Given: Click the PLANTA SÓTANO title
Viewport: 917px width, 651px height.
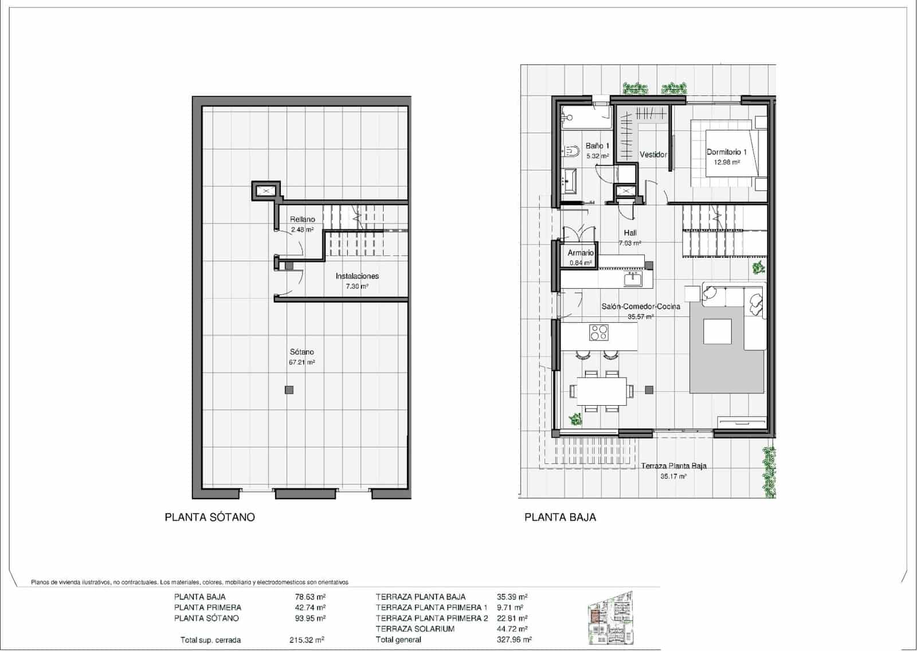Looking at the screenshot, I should [210, 517].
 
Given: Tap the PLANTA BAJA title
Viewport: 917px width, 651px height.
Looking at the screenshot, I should [560, 517].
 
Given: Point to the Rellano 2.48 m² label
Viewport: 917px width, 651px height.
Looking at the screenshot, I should [302, 224].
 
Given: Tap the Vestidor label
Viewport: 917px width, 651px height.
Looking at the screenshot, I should [653, 155].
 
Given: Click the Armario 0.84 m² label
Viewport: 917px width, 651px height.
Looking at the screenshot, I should [581, 257].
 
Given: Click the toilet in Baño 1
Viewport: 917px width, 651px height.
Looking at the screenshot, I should [571, 151].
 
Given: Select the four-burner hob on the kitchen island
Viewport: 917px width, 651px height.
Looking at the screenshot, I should [599, 332].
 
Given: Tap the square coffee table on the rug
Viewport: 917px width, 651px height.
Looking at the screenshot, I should [717, 331].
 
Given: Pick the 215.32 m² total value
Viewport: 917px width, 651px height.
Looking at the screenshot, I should [307, 640].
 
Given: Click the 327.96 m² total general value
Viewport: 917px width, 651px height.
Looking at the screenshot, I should [514, 640].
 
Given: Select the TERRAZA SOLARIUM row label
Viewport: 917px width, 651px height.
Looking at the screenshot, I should [415, 629].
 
